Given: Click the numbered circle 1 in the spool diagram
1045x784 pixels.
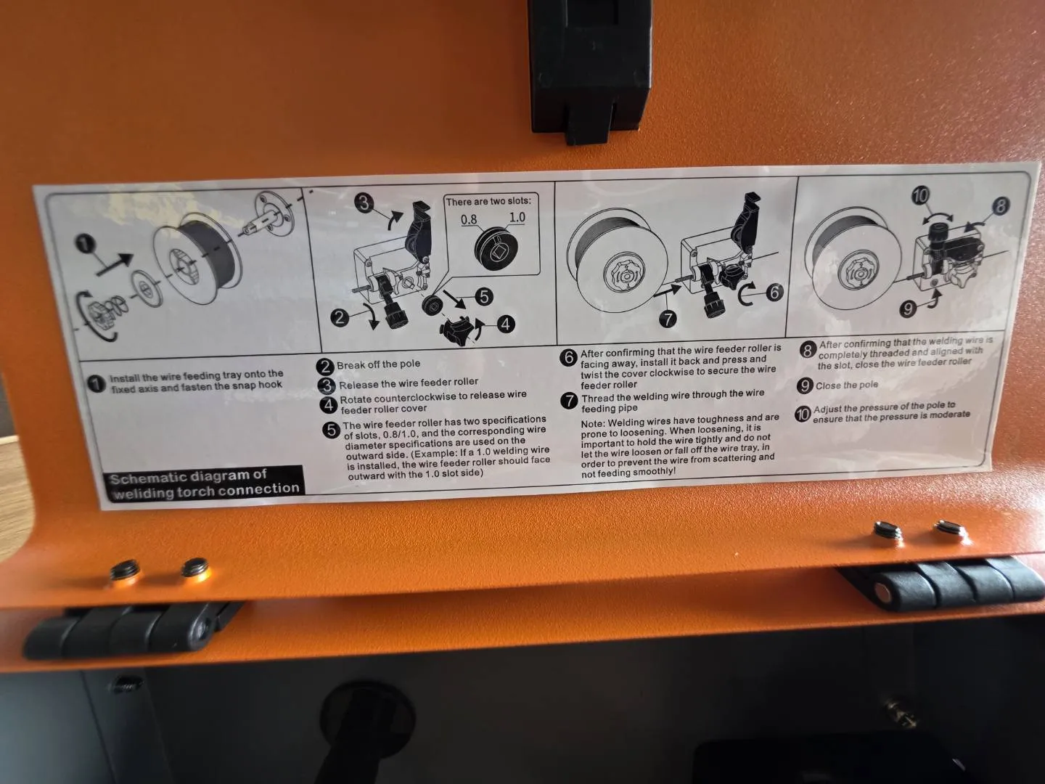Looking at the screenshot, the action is [x=85, y=245].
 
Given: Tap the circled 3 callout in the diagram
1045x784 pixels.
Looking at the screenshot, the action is [x=364, y=204].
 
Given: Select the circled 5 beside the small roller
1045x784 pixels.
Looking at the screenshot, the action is [x=484, y=297].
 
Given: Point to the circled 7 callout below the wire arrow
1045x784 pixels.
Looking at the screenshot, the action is [x=668, y=318].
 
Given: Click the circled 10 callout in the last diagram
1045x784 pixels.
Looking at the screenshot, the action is [x=922, y=196].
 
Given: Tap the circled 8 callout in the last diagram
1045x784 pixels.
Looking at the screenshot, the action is [x=1000, y=206].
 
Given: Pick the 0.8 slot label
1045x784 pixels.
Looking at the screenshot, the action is [x=469, y=219].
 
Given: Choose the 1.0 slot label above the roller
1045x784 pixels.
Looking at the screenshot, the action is [x=517, y=218].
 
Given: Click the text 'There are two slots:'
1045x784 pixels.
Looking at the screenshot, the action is [x=488, y=201].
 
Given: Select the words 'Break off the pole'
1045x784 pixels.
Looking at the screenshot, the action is [x=379, y=364].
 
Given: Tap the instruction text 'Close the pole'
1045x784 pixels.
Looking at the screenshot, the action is [x=846, y=385].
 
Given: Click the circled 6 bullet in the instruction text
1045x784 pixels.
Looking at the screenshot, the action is [x=568, y=357].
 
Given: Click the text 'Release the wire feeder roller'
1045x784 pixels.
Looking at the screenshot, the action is [x=408, y=383].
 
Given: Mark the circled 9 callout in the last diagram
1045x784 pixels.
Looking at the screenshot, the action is [x=909, y=309].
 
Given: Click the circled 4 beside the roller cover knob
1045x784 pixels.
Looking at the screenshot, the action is [x=505, y=324].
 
